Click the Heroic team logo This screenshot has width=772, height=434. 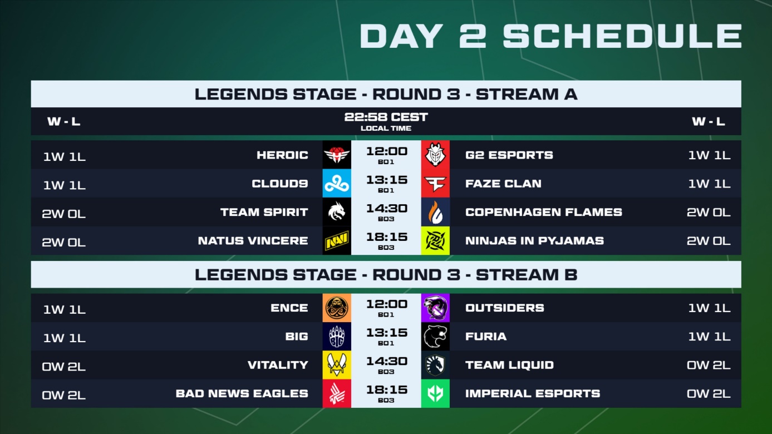click(337, 155)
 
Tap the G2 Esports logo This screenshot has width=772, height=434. click(435, 155)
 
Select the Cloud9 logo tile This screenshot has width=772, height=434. click(337, 183)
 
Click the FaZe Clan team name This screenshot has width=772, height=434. click(503, 184)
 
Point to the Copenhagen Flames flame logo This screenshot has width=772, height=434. click(435, 212)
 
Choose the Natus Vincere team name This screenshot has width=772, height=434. click(253, 240)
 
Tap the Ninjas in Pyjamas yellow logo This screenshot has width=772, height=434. click(435, 240)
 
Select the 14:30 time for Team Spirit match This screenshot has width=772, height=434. click(387, 209)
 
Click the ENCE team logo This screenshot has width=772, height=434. click(337, 308)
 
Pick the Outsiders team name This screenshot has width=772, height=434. click(505, 308)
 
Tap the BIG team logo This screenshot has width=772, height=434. click(337, 336)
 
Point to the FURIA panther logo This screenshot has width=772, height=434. click(435, 336)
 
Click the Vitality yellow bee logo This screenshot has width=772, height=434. click(337, 365)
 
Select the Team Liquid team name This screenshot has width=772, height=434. click(509, 365)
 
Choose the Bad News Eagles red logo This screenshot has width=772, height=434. click(337, 393)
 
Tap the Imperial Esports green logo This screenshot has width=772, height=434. click(435, 393)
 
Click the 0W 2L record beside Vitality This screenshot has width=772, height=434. click(64, 367)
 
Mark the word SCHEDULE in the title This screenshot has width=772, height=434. click(622, 36)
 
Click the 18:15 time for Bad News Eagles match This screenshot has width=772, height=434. click(387, 390)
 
